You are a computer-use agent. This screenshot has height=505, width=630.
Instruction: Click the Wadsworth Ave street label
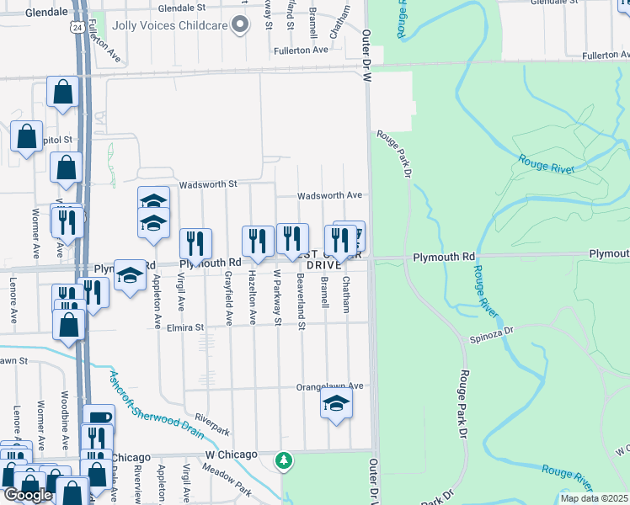329,195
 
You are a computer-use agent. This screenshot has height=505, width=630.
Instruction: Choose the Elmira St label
186,327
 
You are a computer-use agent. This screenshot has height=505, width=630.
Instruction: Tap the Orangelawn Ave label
328,386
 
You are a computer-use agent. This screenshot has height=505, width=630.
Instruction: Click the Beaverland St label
301,299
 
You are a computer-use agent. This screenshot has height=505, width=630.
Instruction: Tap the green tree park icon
285,460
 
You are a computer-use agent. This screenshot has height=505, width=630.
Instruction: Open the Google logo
28,495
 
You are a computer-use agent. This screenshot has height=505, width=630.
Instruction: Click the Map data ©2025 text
595,498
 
